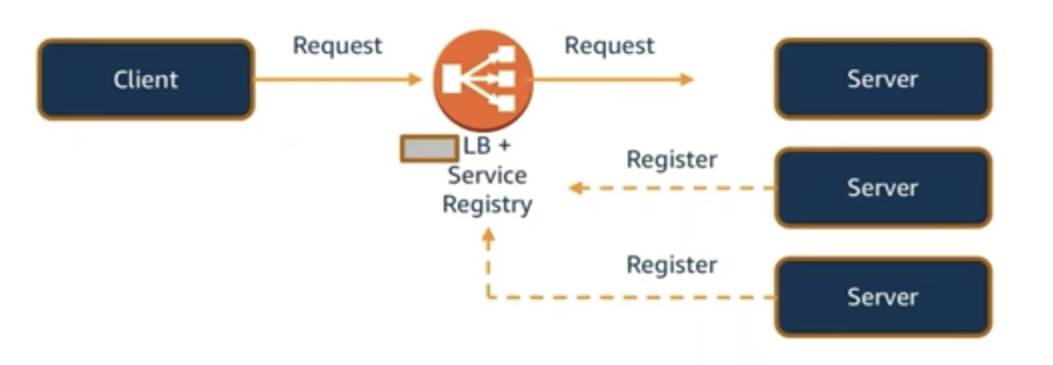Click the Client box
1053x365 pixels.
pyautogui.click(x=145, y=79)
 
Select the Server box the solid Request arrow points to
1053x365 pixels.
pyautogui.click(x=882, y=79)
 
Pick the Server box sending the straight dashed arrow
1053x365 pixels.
pyautogui.click(x=882, y=188)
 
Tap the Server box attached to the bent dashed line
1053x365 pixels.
pyautogui.click(x=882, y=297)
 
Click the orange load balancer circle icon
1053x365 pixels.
pyautogui.click(x=483, y=80)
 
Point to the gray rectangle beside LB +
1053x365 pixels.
pyautogui.click(x=428, y=149)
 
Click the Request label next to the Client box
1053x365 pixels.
pyautogui.click(x=337, y=45)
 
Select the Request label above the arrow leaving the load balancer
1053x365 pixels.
pyautogui.click(x=609, y=45)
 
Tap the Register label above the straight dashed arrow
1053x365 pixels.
pyautogui.click(x=671, y=159)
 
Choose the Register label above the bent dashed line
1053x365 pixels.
pyautogui.click(x=671, y=265)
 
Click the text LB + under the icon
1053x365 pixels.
pyautogui.click(x=487, y=145)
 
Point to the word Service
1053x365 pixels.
pyautogui.click(x=487, y=175)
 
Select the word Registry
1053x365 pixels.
pyautogui.click(x=487, y=204)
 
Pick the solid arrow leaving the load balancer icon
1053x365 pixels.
pyautogui.click(x=610, y=79)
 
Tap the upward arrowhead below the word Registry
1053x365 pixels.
pyautogui.click(x=488, y=238)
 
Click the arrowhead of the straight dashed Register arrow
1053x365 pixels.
pyautogui.click(x=576, y=188)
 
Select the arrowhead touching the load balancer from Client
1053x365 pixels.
pyautogui.click(x=415, y=79)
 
